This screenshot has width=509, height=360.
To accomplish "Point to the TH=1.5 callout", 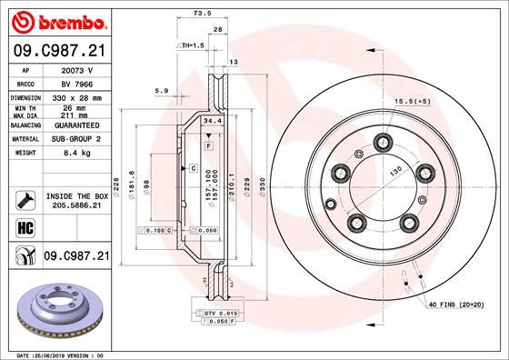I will point(190,45).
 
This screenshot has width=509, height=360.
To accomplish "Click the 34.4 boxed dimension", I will point(212,120).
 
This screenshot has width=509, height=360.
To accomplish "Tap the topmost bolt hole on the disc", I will point(382,143).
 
